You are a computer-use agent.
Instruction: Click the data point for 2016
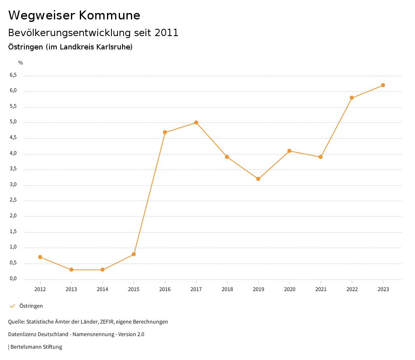click(x=165, y=132)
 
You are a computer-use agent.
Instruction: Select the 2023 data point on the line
click(x=383, y=85)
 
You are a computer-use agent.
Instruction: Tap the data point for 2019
click(x=258, y=179)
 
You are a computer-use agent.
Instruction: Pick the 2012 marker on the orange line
click(x=40, y=257)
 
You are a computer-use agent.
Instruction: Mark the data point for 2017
click(x=196, y=122)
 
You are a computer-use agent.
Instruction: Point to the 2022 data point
click(x=352, y=98)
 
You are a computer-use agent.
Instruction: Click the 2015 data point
click(x=134, y=254)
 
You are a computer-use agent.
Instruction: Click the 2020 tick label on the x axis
click(x=289, y=289)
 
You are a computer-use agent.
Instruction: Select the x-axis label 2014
click(x=103, y=289)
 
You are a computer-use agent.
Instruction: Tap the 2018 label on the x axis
click(x=227, y=289)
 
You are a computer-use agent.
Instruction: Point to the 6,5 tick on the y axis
click(x=13, y=75)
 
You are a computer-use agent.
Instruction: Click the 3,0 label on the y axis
click(x=13, y=184)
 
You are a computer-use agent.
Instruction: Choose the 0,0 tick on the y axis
click(x=13, y=279)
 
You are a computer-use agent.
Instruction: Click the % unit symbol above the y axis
click(x=21, y=63)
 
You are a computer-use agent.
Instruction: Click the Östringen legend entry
click(x=31, y=306)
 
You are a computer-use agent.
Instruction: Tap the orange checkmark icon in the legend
click(x=12, y=306)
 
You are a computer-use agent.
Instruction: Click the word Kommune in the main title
click(x=109, y=15)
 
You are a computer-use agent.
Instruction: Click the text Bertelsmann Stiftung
click(x=36, y=347)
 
